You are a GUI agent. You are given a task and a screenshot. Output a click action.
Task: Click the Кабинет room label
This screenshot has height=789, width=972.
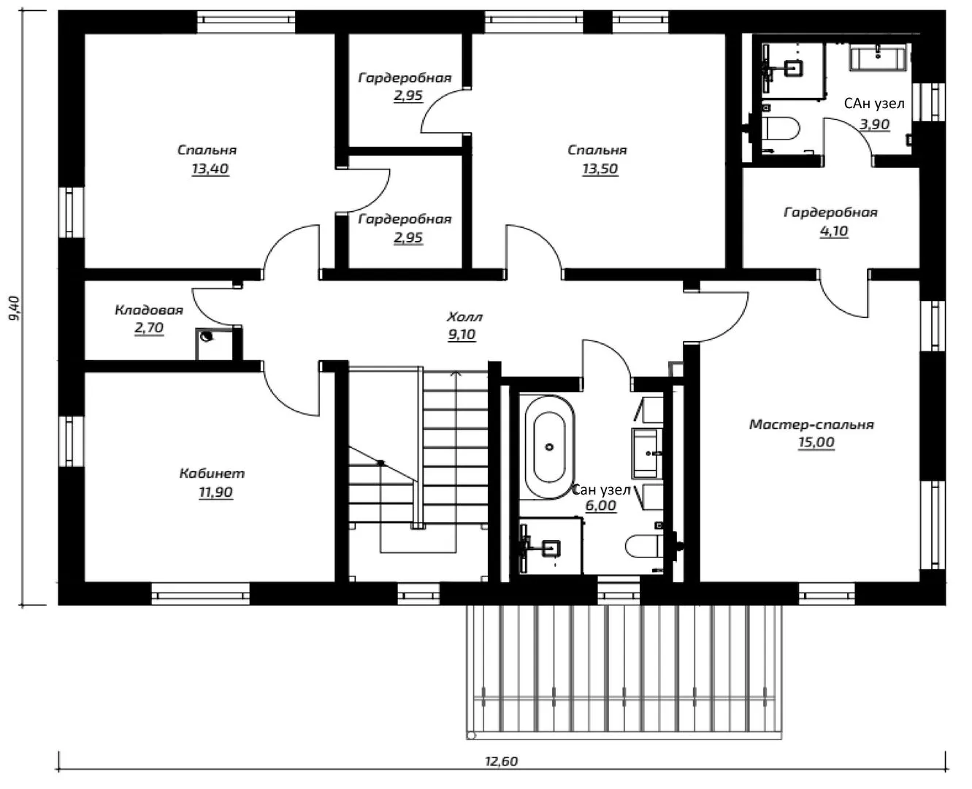click(x=213, y=473)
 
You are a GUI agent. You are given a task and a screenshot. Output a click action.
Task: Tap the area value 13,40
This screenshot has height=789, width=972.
click(x=210, y=169)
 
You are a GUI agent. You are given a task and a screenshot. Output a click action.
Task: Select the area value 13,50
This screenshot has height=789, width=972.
click(x=600, y=169)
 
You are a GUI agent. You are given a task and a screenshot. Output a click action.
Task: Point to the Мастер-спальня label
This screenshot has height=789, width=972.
click(x=811, y=424)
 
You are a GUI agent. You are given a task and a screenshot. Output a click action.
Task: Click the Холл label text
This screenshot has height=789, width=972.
click(x=464, y=316)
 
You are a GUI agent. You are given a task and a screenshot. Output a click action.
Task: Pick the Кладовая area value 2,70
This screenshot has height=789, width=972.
click(x=149, y=327)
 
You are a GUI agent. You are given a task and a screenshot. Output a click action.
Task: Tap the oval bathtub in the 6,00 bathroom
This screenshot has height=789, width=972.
click(x=549, y=447)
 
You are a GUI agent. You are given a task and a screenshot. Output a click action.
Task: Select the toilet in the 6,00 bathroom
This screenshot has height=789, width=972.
click(x=644, y=546)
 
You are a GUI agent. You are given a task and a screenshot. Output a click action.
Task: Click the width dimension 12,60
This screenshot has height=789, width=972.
click(x=501, y=761)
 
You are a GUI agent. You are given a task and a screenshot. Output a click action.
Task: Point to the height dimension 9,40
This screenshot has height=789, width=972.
click(x=15, y=308)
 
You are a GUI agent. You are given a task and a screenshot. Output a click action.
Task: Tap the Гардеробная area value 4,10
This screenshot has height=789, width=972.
click(x=834, y=231)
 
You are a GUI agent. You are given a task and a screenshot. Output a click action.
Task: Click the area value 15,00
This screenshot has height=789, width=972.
click(x=816, y=442)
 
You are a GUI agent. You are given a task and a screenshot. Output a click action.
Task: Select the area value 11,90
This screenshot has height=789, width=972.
click(x=215, y=492)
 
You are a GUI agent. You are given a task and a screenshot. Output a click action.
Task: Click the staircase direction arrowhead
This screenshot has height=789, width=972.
click(x=456, y=373)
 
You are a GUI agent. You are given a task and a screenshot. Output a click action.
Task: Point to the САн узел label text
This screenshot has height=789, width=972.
click(x=874, y=104)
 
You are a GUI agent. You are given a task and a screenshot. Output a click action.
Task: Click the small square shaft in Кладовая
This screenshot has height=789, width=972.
click(x=214, y=344)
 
